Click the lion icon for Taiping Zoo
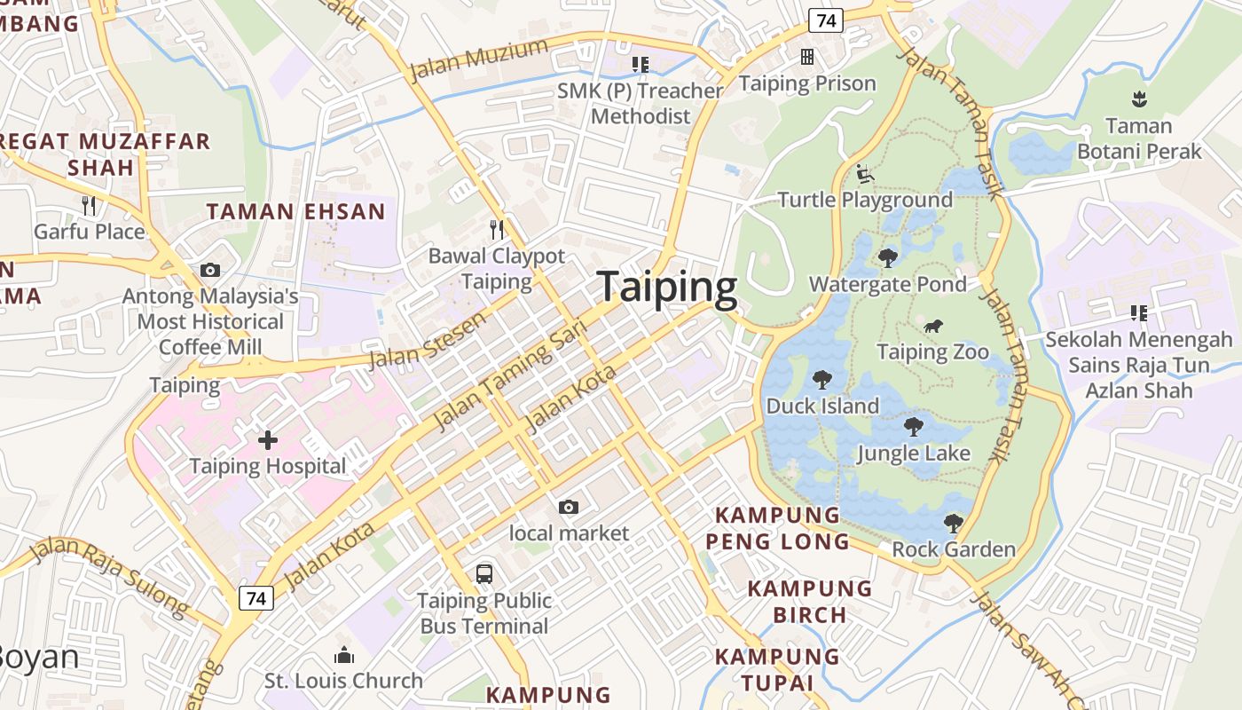(x=932, y=327)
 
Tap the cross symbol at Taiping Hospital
(x=267, y=439)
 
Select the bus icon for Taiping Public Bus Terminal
(x=483, y=573)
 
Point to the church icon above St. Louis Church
(x=343, y=656)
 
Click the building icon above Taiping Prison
(x=807, y=57)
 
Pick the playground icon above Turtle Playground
(x=865, y=173)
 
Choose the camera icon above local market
(x=569, y=507)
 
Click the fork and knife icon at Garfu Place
(x=88, y=206)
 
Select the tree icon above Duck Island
(x=822, y=380)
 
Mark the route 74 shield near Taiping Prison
(x=825, y=21)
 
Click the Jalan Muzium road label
(x=479, y=59)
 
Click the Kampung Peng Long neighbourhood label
(x=777, y=527)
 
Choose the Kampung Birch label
(x=809, y=601)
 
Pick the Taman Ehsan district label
(x=296, y=211)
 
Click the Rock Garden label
(x=954, y=549)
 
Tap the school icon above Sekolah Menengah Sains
(x=1139, y=312)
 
